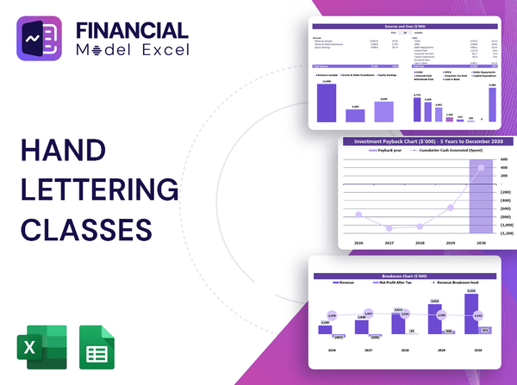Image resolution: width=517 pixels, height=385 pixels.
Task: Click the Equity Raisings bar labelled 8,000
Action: tap(383, 110)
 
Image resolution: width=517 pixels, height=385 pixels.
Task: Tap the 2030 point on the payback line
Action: tap(481, 174)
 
